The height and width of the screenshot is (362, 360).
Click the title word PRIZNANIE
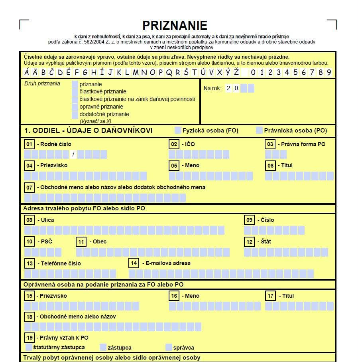click(x=175, y=26)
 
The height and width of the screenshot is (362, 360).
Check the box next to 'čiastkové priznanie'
click(x=75, y=92)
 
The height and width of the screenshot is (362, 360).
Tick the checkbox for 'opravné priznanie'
click(x=75, y=107)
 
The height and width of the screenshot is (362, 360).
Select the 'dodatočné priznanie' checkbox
click(x=75, y=115)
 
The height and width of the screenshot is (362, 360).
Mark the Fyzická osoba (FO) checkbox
click(x=178, y=131)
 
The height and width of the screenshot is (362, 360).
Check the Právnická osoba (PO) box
click(x=259, y=131)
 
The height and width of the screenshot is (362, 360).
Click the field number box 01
click(x=29, y=144)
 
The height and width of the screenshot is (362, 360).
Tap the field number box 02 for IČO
click(x=174, y=144)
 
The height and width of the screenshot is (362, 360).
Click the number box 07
click(x=29, y=187)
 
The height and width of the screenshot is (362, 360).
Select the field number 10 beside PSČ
click(x=29, y=241)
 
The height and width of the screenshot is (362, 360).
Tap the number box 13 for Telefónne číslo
click(x=29, y=263)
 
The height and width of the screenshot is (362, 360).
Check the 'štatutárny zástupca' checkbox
click(x=29, y=347)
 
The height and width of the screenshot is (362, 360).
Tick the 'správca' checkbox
click(x=169, y=347)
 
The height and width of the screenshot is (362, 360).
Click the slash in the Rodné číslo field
click(x=73, y=154)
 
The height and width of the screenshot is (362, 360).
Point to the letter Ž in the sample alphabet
click(x=236, y=73)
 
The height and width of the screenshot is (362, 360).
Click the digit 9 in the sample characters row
click(x=329, y=73)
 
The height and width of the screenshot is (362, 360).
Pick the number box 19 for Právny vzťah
click(x=29, y=338)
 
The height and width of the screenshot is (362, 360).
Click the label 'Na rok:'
click(x=212, y=88)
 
